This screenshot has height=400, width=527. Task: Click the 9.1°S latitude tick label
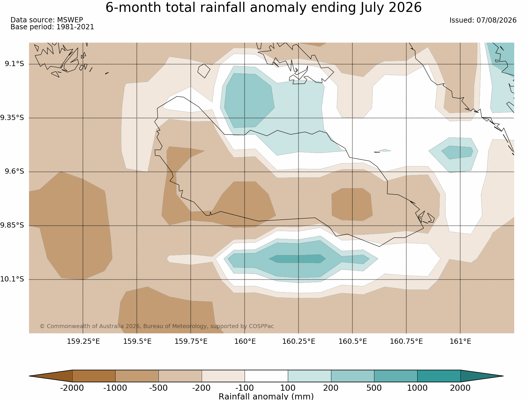[x=14, y=64]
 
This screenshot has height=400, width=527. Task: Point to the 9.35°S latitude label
[x=12, y=118]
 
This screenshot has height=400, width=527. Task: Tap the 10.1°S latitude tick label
[x=12, y=279]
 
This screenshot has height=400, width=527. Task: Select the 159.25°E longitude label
[x=83, y=341]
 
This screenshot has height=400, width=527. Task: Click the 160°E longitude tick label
[x=245, y=341]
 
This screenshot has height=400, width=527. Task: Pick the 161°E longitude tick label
[x=460, y=341]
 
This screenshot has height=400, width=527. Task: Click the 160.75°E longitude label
[x=406, y=341]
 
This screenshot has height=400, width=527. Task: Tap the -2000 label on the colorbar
[x=72, y=388]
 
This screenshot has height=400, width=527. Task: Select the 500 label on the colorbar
[x=374, y=388]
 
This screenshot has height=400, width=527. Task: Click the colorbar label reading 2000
[x=460, y=388]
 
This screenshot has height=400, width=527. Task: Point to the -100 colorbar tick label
[x=245, y=388]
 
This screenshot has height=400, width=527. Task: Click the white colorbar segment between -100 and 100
[x=266, y=376]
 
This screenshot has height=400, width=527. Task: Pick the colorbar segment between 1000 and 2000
[x=439, y=376]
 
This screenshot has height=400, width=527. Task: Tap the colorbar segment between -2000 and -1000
[x=94, y=376]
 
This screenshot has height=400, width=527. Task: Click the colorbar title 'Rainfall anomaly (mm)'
[x=266, y=396]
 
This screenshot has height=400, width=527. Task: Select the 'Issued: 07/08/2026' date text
[x=483, y=20]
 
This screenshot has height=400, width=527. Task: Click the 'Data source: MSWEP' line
[x=47, y=20]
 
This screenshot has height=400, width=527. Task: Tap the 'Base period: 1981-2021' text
[x=52, y=27]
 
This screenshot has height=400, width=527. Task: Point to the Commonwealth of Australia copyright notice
[x=157, y=326]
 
